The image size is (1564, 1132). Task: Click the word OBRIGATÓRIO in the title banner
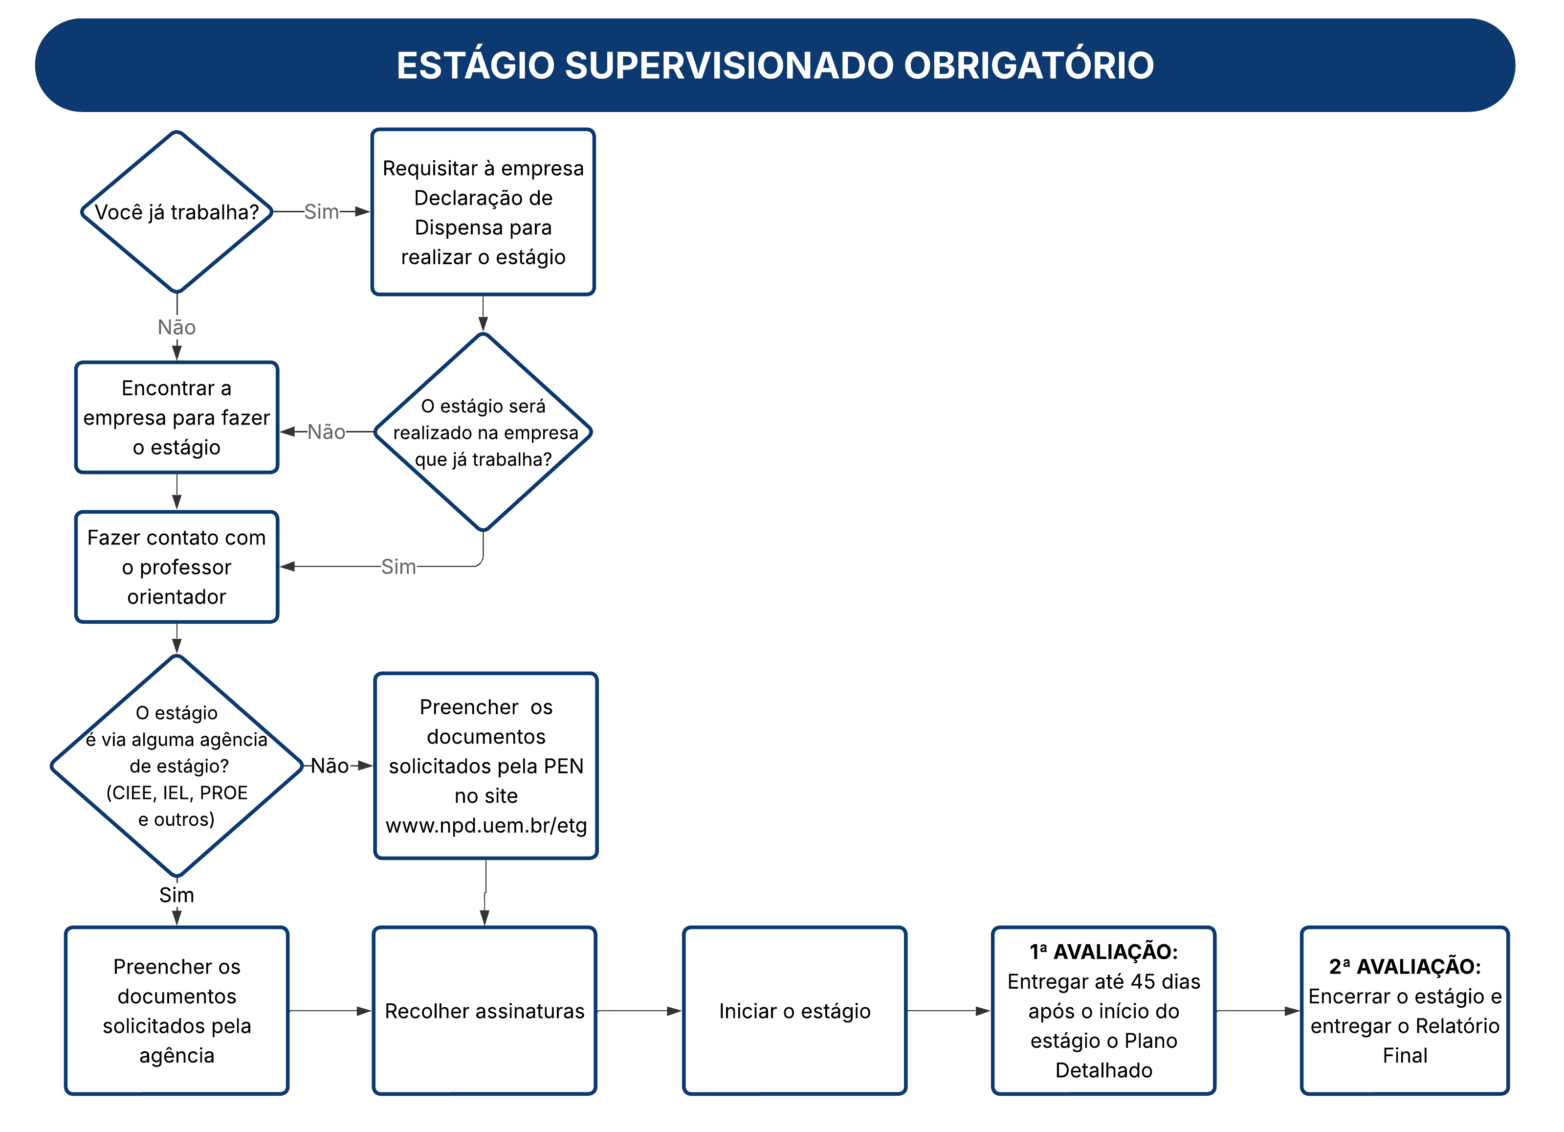point(1028,66)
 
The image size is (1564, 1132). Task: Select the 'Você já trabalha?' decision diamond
point(176,212)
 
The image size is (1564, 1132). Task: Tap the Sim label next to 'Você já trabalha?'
point(321,212)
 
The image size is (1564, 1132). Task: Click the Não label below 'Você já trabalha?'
point(176,327)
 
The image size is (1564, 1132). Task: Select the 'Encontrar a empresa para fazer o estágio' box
point(176,417)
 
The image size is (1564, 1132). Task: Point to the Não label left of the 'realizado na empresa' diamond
point(326,432)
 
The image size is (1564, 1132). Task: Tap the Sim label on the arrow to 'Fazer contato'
point(398,566)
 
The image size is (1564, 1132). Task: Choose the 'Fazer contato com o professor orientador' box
point(176,567)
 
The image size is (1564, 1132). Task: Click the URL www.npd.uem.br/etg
point(486,825)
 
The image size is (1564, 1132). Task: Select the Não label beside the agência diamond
point(330,766)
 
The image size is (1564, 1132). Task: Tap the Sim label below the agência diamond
point(176,895)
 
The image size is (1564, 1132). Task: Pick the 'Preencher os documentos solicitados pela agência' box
point(176,1011)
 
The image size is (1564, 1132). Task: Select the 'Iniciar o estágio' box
point(794,1011)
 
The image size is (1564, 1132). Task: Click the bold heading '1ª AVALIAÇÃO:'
point(1103,952)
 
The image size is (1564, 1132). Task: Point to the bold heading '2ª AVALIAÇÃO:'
point(1405,967)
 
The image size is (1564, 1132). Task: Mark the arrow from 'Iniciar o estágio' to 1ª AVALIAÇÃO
point(949,1011)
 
